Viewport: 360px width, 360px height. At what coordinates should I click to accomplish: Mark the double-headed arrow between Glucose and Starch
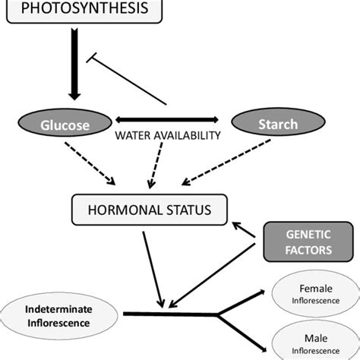(x=168, y=119)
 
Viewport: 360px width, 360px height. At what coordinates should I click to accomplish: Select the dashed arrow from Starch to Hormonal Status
(x=228, y=163)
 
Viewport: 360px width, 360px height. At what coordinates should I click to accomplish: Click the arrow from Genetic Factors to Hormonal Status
(x=244, y=229)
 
